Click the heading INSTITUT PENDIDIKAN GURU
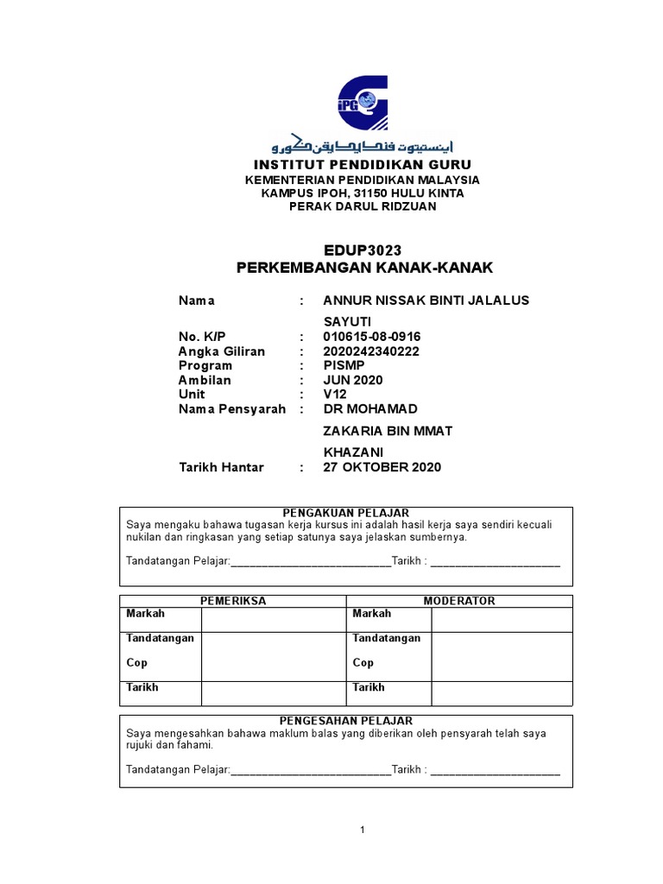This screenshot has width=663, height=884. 363,164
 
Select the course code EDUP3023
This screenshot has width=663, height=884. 363,250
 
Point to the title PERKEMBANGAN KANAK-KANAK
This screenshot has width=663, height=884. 364,268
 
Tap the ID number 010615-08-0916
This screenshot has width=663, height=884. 372,337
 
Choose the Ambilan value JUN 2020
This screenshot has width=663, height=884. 352,380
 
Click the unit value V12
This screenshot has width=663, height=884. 334,394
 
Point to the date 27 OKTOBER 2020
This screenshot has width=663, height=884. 382,467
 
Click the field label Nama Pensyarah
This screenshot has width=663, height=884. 231,408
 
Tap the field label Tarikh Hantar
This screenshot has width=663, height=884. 221,467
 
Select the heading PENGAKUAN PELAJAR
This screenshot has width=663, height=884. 346,513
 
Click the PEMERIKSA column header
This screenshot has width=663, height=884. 233,601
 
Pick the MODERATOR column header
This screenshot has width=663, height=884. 459,601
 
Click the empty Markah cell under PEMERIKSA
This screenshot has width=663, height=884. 273,619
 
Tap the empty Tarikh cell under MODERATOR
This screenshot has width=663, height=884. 502,693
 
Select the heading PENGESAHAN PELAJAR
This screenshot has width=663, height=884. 346,720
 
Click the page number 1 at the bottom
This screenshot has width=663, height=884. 363,830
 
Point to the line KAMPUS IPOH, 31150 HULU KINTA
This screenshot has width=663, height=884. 363,193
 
